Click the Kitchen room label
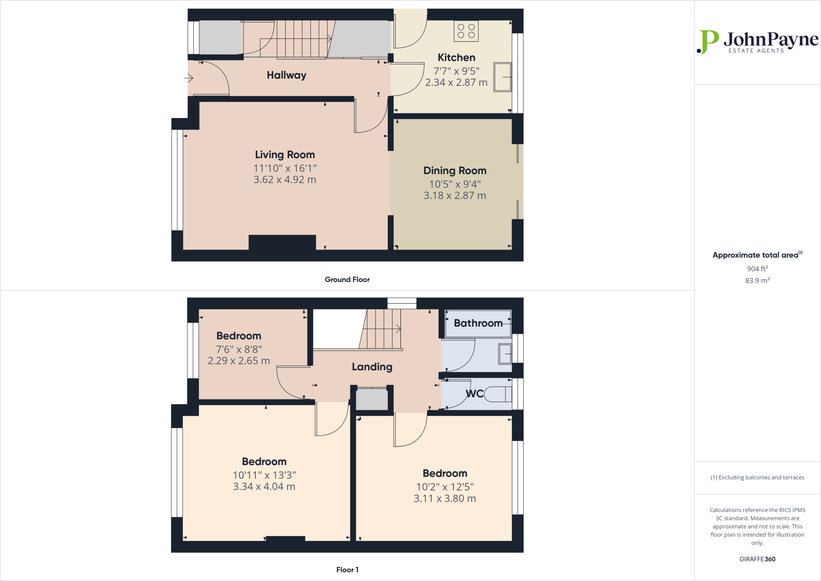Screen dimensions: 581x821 pyautogui.click(x=456, y=58)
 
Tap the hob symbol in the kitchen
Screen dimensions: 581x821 pyautogui.click(x=466, y=31)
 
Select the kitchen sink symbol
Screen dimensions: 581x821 pyautogui.click(x=502, y=77)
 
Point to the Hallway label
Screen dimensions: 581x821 pyautogui.click(x=286, y=75)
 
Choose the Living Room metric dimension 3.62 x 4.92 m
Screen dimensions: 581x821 pyautogui.click(x=285, y=180)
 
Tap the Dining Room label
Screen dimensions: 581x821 pyautogui.click(x=455, y=171)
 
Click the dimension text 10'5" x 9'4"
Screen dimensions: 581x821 pyautogui.click(x=455, y=184)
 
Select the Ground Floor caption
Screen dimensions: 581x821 pyautogui.click(x=347, y=280)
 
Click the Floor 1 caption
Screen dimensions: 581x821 pyautogui.click(x=347, y=570)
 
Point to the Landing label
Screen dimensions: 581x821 pyautogui.click(x=372, y=367)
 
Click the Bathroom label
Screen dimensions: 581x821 pyautogui.click(x=478, y=323)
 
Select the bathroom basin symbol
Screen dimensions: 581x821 pyautogui.click(x=505, y=353)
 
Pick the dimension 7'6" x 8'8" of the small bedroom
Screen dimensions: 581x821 pyautogui.click(x=239, y=349)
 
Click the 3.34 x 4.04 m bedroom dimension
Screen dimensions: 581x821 pyautogui.click(x=264, y=487)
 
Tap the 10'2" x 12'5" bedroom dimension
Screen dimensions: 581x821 pyautogui.click(x=445, y=487)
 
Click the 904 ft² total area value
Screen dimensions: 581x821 pyautogui.click(x=757, y=268)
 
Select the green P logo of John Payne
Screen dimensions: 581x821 pyautogui.click(x=708, y=42)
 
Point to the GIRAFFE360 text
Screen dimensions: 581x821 pyautogui.click(x=757, y=559)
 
